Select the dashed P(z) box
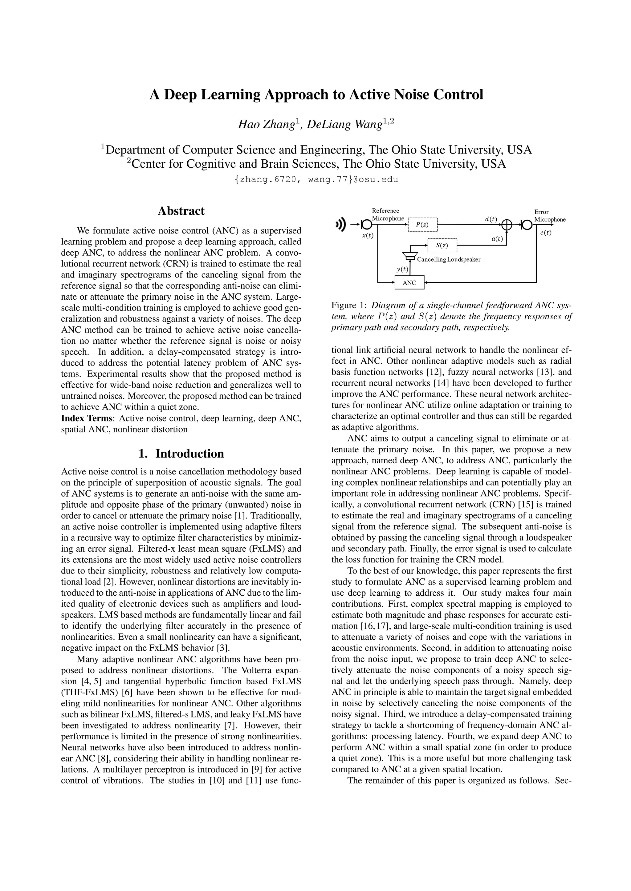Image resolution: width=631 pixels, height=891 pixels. click(422, 224)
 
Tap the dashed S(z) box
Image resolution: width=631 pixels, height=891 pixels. click(442, 245)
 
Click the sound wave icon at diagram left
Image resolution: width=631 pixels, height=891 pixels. click(341, 224)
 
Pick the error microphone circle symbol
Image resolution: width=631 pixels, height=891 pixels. click(527, 224)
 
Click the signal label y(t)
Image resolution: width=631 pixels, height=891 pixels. click(402, 269)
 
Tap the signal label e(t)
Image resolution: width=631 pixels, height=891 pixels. click(546, 233)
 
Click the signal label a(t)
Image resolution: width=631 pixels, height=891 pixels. click(497, 239)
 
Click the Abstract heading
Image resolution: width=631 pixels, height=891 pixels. click(181, 211)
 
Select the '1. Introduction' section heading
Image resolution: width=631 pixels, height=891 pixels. click(181, 453)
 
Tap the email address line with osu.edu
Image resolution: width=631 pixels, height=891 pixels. click(316, 180)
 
